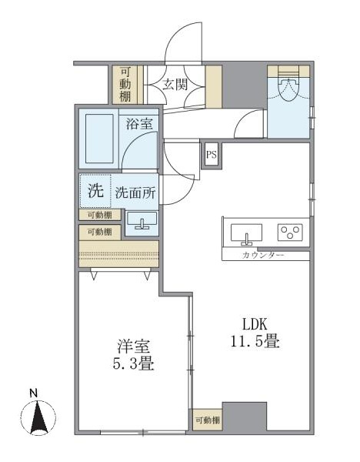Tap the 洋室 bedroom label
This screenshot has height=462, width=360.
pos(128,345)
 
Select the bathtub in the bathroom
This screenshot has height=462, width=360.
pos(98,139)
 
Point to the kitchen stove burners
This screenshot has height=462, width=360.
pos(290,232)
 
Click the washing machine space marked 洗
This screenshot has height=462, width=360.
pos(95,192)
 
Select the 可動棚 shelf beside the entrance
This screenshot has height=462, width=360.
pos(125,85)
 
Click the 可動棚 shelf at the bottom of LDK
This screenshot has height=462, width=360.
pos(208,420)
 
